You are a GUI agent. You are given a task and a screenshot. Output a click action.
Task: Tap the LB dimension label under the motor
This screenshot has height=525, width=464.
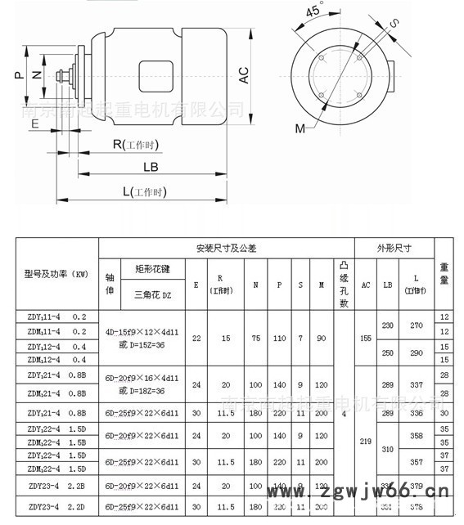coord(151,166)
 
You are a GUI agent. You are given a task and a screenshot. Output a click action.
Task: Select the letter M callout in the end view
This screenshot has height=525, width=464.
coord(300,128)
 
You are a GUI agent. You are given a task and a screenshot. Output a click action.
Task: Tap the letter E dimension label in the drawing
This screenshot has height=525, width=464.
coord(34,123)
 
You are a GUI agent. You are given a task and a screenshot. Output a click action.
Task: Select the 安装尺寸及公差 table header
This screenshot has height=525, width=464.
coord(226,248)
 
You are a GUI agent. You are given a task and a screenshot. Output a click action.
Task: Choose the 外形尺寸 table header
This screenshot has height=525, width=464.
coord(394,248)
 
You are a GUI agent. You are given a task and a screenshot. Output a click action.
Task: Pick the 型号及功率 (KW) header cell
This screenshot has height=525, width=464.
coord(56,274)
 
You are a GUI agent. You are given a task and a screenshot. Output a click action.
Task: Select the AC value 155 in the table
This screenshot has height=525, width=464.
coord(366,338)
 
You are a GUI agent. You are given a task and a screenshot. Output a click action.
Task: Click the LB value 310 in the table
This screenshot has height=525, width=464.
coord(388,450)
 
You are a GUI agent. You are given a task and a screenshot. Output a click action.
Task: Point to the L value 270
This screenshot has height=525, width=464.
coord(417,325)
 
